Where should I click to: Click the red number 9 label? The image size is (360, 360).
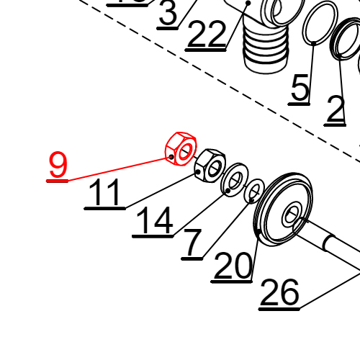(58, 166)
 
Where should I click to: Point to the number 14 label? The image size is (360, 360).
(153, 222)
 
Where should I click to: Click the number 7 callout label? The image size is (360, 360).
(193, 243)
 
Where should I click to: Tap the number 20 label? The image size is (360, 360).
(233, 268)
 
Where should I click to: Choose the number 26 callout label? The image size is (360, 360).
(279, 294)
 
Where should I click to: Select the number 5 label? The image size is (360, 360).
(300, 88)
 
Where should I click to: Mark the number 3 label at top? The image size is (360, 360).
(168, 14)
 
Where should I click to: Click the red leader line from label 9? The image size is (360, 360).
(115, 168)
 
